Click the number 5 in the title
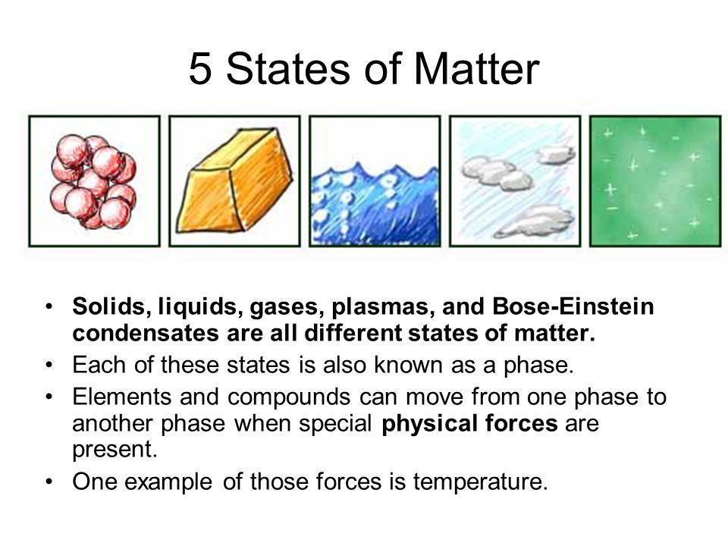point(199,68)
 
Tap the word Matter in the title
point(476,68)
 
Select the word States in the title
point(287,68)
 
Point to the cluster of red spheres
point(93,181)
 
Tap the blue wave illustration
point(375,203)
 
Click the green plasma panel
point(655,181)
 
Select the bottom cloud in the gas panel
point(534,221)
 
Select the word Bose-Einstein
point(573,306)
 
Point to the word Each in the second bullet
point(99,365)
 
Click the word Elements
point(121,397)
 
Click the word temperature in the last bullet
point(480,482)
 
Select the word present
point(115,450)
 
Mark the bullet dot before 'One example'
point(49,482)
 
